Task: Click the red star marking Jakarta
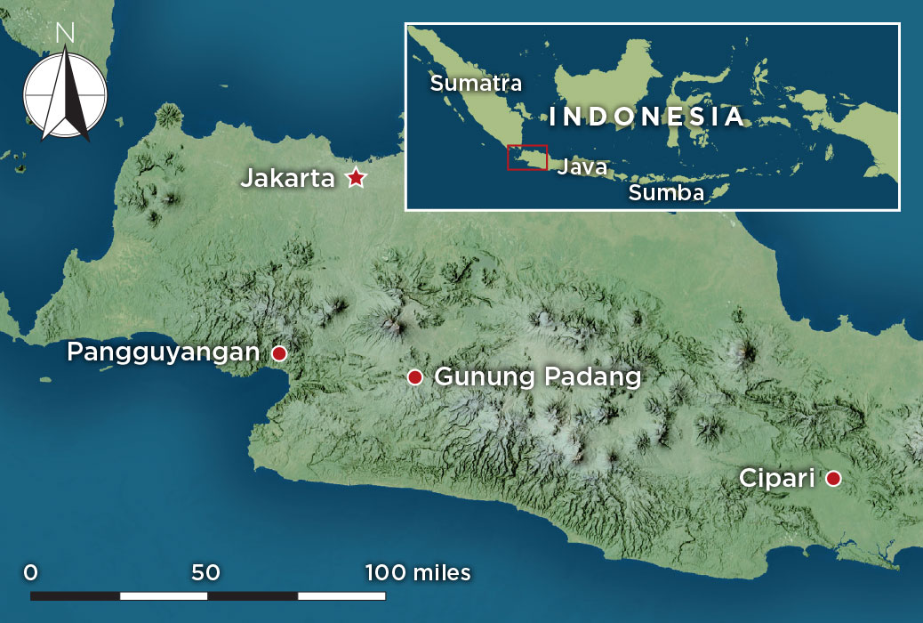click(356, 178)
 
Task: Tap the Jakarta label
click(287, 179)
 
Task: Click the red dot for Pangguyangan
click(279, 353)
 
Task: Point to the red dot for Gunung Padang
click(414, 377)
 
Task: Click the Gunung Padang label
click(537, 377)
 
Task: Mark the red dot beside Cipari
click(833, 479)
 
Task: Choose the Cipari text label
click(777, 479)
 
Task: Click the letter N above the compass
click(64, 34)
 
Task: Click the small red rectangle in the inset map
click(526, 157)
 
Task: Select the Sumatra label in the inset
click(476, 84)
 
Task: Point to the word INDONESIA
click(646, 117)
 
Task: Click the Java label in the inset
click(582, 166)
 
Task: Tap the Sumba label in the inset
click(666, 193)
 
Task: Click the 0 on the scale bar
click(31, 572)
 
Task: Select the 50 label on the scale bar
click(205, 572)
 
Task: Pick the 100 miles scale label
click(418, 572)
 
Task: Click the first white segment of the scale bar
click(164, 595)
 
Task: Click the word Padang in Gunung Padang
click(591, 377)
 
